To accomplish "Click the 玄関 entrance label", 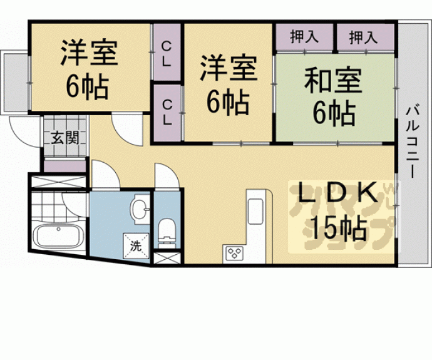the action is click(65, 138).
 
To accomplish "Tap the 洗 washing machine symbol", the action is click(136, 246).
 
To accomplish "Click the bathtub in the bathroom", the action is click(58, 236).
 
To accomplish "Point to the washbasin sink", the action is click(141, 208).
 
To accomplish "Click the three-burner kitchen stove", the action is click(234, 253).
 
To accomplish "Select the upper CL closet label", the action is click(166, 54).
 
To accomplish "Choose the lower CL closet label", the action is click(167, 112).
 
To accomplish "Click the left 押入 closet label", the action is click(304, 37).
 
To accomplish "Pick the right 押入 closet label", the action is click(363, 37).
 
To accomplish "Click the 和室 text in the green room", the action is click(333, 80).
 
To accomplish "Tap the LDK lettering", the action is click(338, 193).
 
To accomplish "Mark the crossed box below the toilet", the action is click(167, 258).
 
